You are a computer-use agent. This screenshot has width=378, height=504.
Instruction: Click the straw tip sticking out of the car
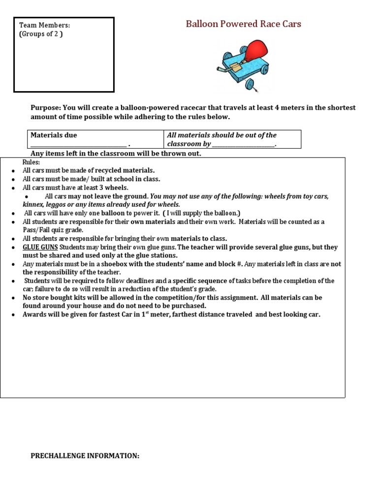click(220, 73)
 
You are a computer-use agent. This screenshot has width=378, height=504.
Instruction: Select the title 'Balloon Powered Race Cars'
click(243, 24)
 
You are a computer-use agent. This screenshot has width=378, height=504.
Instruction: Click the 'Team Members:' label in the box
click(44, 26)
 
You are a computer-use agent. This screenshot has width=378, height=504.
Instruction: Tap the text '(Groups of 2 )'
click(41, 34)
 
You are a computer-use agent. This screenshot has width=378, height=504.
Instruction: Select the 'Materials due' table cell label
click(54, 135)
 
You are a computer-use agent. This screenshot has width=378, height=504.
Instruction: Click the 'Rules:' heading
click(31, 162)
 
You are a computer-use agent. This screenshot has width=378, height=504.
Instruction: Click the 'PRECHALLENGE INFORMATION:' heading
click(85, 456)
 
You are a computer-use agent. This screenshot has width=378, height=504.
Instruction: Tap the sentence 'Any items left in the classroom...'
click(116, 153)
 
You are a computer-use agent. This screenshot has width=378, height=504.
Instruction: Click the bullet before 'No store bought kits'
click(13, 298)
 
